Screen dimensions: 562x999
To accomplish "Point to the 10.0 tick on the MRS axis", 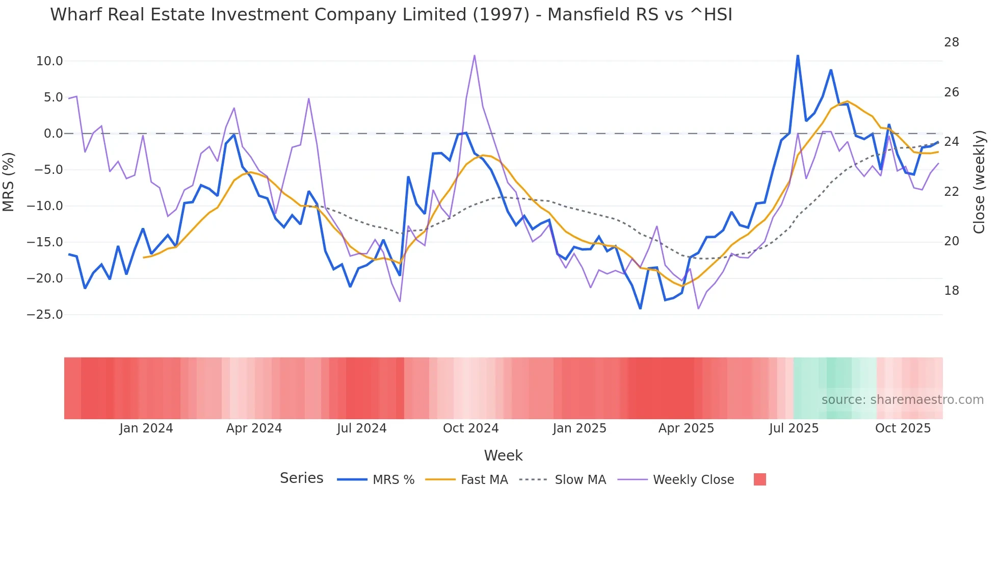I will coord(49,61).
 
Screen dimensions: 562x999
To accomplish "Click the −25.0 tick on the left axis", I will coord(45,315).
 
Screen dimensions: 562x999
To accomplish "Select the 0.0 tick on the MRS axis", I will coord(53,134).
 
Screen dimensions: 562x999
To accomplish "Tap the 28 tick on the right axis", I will coord(951,42).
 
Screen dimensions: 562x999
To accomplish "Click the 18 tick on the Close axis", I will coord(951,291).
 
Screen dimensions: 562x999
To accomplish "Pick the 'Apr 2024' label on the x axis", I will coord(254,428).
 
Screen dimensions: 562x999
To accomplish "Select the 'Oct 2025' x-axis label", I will coord(903,428).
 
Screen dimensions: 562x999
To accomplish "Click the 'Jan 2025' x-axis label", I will coord(580,428).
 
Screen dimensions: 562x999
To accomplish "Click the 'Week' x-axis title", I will coord(503,455).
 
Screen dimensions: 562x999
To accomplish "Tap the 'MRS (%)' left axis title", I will coord(9,182).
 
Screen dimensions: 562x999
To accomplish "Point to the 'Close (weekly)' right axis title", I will coord(979,182).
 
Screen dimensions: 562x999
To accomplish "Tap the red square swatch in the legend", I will coord(759,479).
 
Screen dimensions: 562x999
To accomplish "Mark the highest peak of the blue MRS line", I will coord(798,56).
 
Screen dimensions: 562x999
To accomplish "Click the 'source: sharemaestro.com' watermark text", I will coord(902,400).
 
